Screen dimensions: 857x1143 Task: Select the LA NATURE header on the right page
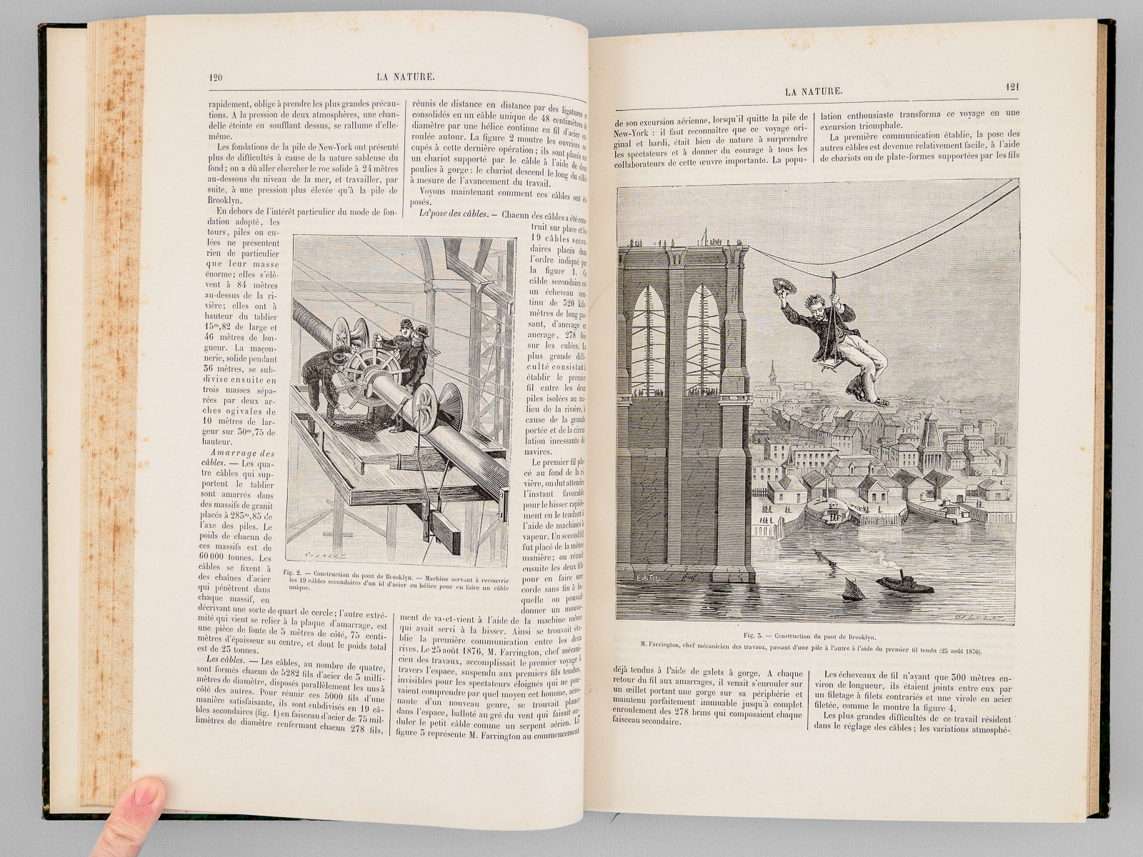click(814, 91)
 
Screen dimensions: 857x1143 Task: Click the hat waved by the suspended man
click(784, 286)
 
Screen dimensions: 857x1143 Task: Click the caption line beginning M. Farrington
click(811, 651)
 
